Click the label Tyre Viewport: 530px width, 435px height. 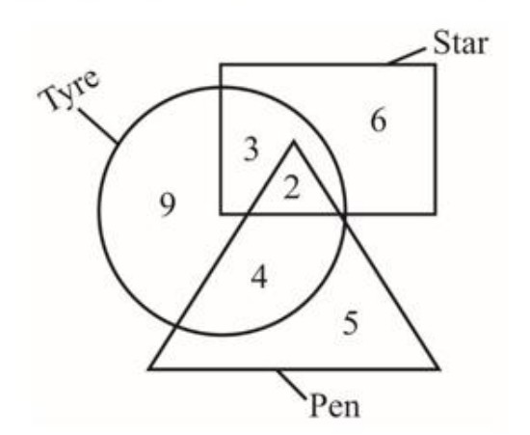[x=69, y=90]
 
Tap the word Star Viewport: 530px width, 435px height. [x=461, y=42]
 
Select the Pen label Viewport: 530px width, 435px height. [x=334, y=404]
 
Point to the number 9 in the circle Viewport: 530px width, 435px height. [x=168, y=205]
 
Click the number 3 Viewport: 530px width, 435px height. [x=252, y=149]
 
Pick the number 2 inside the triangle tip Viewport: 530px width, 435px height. [x=292, y=187]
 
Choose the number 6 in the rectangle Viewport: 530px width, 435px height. [x=379, y=121]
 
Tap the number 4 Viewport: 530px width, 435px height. [x=259, y=277]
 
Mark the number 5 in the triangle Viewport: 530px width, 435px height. [x=351, y=323]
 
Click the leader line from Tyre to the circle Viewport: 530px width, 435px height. [x=98, y=125]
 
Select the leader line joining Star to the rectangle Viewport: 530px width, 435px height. [x=406, y=56]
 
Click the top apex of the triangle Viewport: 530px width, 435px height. [x=293, y=142]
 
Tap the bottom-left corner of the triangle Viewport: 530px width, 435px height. [x=149, y=368]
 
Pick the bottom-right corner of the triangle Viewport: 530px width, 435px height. [x=438, y=368]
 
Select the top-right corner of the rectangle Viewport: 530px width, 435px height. [x=435, y=65]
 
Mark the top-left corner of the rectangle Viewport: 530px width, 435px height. [x=221, y=65]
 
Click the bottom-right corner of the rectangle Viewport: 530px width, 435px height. [x=435, y=214]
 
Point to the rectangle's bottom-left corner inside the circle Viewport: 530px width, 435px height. [x=221, y=214]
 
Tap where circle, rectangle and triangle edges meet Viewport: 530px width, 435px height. [x=343, y=214]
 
